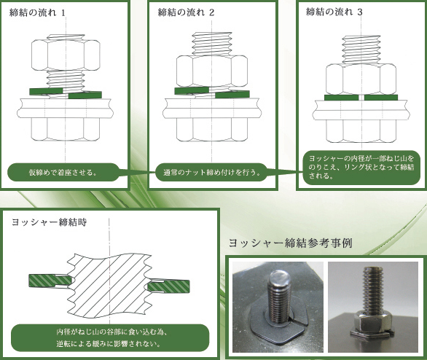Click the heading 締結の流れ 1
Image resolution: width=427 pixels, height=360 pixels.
37,12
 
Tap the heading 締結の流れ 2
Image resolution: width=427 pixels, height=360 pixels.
186,12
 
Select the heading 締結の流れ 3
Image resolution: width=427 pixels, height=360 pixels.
334,12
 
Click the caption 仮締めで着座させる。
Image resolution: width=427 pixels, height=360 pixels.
63,173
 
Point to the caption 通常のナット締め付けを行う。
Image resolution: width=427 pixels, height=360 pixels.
212,173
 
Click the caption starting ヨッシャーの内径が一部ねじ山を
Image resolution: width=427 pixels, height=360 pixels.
361,167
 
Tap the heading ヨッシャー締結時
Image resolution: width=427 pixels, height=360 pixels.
50,222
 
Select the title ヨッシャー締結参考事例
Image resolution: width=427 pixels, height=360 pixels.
290,243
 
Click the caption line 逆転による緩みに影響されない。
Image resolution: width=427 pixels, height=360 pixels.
109,344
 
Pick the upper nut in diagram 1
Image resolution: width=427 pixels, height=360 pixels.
66,55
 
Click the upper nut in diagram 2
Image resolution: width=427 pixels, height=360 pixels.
212,71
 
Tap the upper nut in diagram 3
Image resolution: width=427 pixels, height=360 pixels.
361,79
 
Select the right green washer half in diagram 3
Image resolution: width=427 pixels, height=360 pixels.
381,98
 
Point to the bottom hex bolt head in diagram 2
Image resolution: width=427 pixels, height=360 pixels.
212,130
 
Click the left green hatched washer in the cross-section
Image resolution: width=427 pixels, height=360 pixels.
50,281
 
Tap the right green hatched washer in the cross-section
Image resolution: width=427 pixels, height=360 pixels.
168,286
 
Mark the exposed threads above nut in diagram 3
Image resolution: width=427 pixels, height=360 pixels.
361,50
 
